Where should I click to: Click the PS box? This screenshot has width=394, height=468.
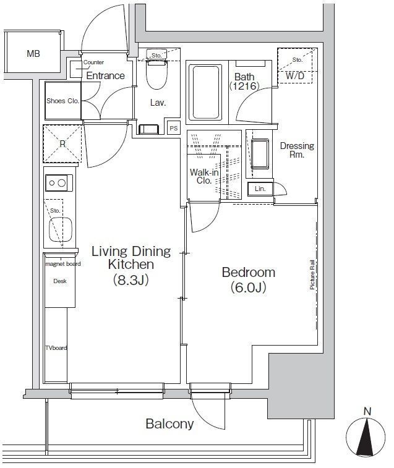pyautogui.click(x=174, y=128)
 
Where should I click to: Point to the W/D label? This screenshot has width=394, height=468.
pyautogui.click(x=295, y=76)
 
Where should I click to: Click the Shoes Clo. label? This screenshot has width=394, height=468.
pyautogui.click(x=62, y=101)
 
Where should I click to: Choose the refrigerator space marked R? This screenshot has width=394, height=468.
pyautogui.click(x=62, y=144)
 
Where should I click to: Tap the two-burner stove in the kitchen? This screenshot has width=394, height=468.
pyautogui.click(x=59, y=182)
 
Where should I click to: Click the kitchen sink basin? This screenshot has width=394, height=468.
pyautogui.click(x=60, y=229)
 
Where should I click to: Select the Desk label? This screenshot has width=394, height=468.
pyautogui.click(x=60, y=281)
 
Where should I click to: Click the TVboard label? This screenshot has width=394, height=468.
pyautogui.click(x=56, y=347)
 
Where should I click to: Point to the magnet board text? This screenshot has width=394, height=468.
pyautogui.click(x=62, y=264)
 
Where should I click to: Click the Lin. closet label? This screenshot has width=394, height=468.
pyautogui.click(x=260, y=189)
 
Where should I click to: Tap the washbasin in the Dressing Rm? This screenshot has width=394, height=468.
pyautogui.click(x=260, y=154)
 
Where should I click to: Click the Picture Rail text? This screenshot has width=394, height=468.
pyautogui.click(x=312, y=274)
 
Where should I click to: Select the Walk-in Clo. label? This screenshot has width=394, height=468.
pyautogui.click(x=204, y=176)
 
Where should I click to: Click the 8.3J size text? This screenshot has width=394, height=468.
pyautogui.click(x=131, y=279)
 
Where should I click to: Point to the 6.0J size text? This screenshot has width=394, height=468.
pyautogui.click(x=248, y=287)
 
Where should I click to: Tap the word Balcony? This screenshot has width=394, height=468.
pyautogui.click(x=169, y=423)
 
